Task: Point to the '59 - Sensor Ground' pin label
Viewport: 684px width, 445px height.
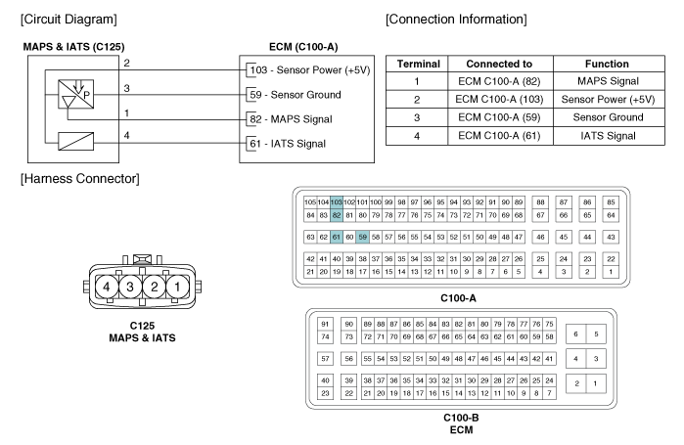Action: pyautogui.click(x=294, y=94)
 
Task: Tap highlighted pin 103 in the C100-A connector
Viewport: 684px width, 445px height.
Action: pyautogui.click(x=336, y=201)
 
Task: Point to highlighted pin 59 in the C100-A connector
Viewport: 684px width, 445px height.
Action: pyautogui.click(x=362, y=237)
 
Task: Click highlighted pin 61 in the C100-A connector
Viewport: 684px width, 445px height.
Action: pyautogui.click(x=336, y=237)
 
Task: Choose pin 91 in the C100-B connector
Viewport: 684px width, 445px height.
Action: pyautogui.click(x=326, y=324)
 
